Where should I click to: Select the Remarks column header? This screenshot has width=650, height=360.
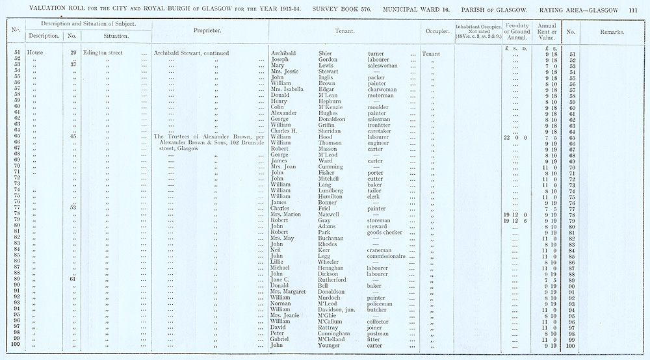pyautogui.click(x=613, y=31)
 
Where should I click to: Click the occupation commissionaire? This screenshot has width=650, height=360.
pyautogui.click(x=386, y=256)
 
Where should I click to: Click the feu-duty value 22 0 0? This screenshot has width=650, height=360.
pyautogui.click(x=515, y=137)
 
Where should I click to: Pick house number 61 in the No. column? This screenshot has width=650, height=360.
pyautogui.click(x=73, y=279)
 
